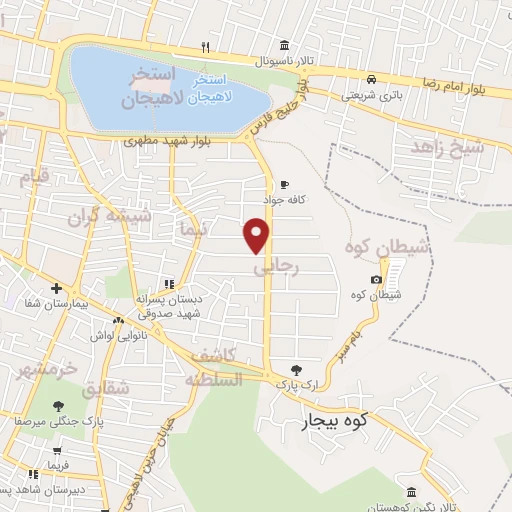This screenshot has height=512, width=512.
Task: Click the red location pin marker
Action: (257, 234)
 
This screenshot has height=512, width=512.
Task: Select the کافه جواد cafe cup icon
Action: (284, 185)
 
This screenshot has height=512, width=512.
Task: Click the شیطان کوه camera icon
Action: (376, 280)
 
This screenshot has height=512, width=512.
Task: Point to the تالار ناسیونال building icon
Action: (285, 47)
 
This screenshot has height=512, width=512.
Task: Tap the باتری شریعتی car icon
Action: (371, 79)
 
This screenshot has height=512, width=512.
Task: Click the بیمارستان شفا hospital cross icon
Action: (55, 287)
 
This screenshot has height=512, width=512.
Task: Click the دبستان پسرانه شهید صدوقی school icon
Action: (169, 283)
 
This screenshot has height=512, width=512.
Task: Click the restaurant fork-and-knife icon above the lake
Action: (205, 47)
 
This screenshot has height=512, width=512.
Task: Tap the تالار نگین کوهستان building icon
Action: (412, 491)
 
